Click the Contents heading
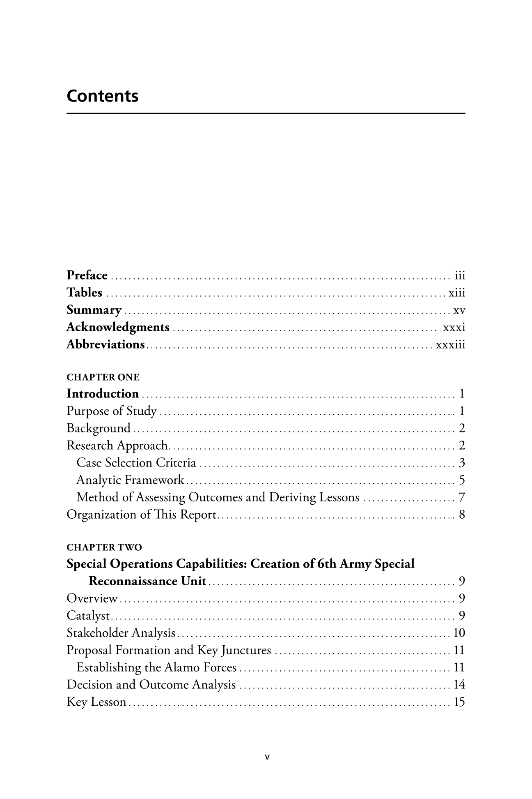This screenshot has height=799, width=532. [x=103, y=96]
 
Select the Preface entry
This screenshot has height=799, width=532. [x=87, y=275]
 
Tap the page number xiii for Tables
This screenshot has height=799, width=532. [x=457, y=293]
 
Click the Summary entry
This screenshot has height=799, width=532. [x=94, y=310]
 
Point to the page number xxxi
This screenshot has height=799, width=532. [x=454, y=328]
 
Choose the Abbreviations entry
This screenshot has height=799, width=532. [x=105, y=344]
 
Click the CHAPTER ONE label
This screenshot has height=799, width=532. [x=103, y=377]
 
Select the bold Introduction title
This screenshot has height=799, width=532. [x=103, y=394]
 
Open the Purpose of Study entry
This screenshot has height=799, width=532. [x=112, y=411]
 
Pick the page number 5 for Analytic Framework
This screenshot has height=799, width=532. [x=462, y=480]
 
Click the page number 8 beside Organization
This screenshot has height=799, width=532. [x=462, y=515]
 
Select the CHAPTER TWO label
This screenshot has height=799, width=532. [x=104, y=547]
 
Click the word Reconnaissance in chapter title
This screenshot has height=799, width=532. [x=133, y=581]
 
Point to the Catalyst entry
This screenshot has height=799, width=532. [x=88, y=616]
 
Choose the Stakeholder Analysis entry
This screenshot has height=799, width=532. [x=121, y=633]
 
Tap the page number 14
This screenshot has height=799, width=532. [x=459, y=685]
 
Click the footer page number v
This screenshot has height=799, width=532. [x=266, y=756]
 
